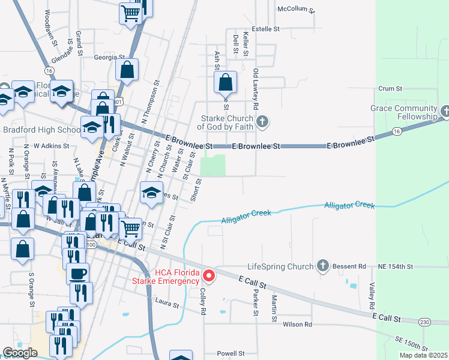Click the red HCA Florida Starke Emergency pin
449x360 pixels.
[x=209, y=276]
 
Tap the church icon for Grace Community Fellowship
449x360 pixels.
[x=445, y=111]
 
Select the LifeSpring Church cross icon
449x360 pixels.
[x=322, y=266]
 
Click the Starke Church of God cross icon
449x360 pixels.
[x=262, y=122]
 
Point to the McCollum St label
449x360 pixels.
[x=296, y=9]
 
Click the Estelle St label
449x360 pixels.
[x=266, y=28]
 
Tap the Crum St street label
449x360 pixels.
[x=390, y=88]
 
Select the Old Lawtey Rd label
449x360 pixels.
[x=256, y=88]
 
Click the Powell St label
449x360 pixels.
[x=231, y=353]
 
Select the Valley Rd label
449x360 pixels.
[x=372, y=295]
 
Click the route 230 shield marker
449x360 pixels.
[x=425, y=322]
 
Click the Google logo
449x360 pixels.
[x=20, y=353]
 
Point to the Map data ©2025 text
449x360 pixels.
[x=423, y=355]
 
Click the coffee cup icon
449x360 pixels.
[x=77, y=273]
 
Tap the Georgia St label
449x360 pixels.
[x=109, y=58]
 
